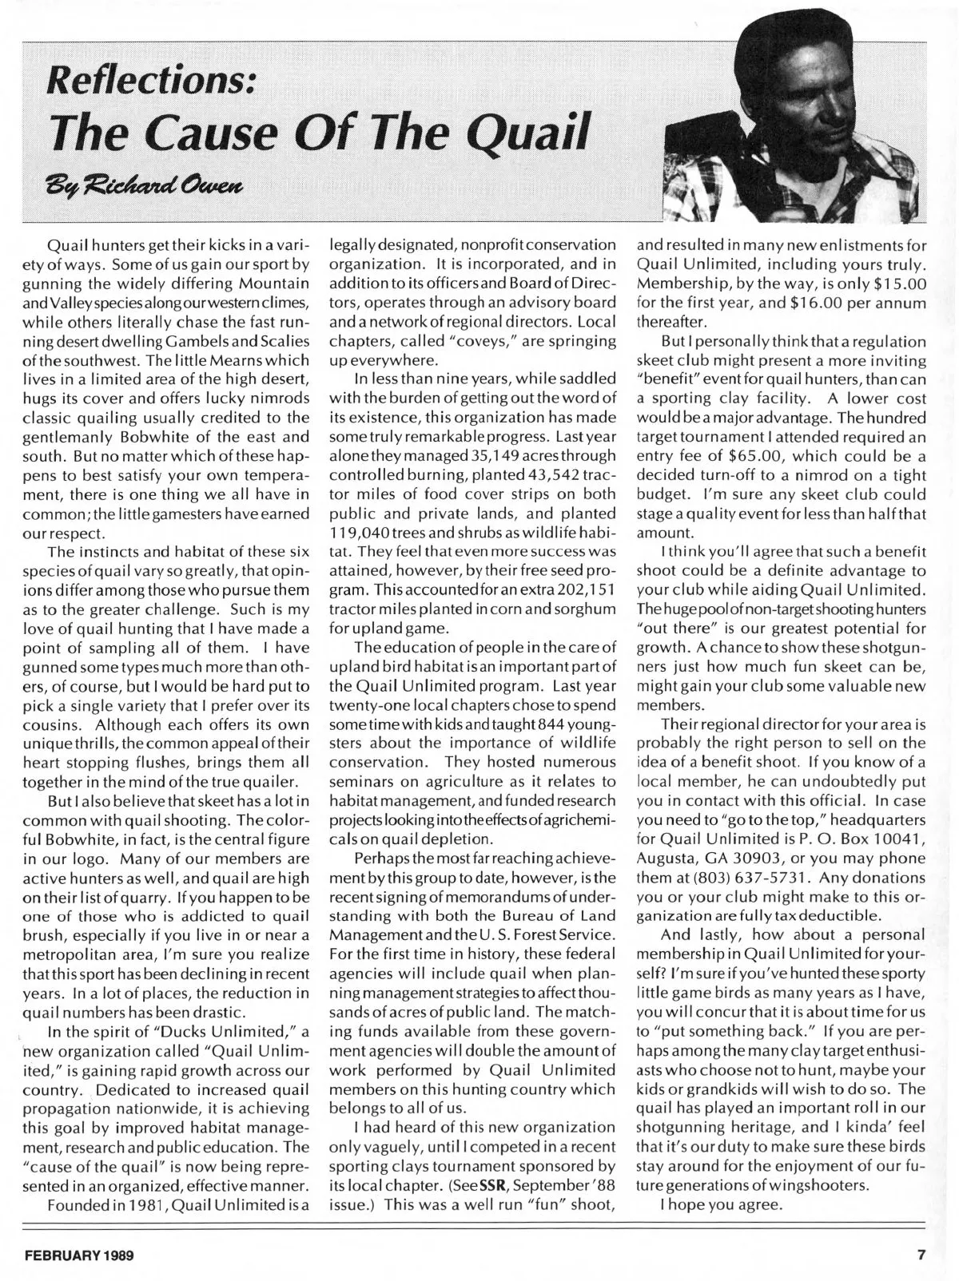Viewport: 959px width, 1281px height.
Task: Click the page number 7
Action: pyautogui.click(x=921, y=1255)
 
